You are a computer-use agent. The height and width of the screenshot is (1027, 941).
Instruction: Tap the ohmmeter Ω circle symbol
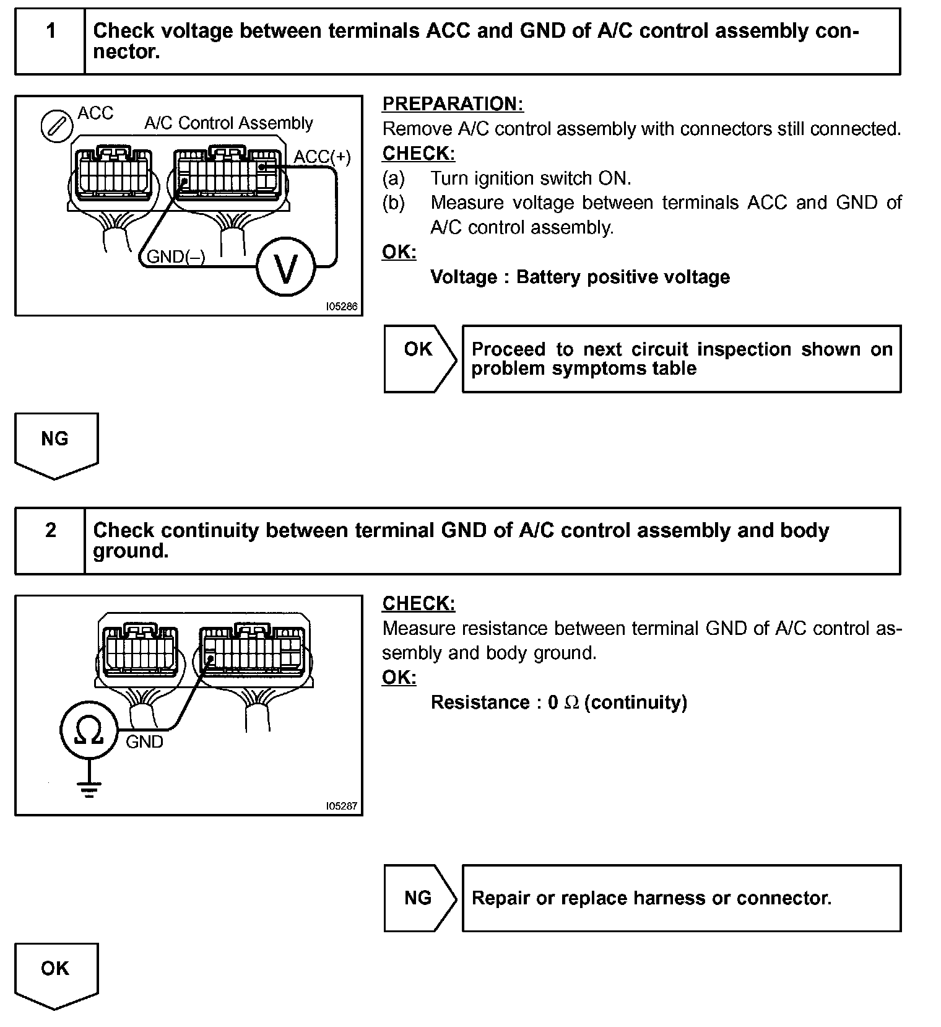click(89, 730)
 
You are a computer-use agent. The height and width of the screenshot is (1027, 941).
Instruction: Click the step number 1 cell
click(51, 31)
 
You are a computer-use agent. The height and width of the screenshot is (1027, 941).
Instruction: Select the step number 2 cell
click(51, 531)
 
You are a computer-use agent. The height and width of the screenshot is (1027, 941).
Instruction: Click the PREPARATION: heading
click(453, 104)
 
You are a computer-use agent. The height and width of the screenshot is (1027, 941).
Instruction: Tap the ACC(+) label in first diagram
click(322, 157)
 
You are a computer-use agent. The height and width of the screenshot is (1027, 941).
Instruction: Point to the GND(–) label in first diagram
click(175, 256)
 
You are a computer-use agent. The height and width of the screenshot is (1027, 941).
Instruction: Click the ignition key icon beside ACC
click(56, 126)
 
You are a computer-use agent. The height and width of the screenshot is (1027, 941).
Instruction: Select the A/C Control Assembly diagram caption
click(228, 123)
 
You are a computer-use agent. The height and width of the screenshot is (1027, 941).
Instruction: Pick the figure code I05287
click(342, 806)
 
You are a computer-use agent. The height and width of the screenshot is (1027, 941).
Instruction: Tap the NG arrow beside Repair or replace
click(419, 898)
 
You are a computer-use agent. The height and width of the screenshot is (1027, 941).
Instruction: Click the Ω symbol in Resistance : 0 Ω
click(571, 703)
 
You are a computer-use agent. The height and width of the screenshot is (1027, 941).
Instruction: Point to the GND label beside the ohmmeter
click(144, 741)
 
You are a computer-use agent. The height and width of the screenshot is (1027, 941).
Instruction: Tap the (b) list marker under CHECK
click(393, 203)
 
